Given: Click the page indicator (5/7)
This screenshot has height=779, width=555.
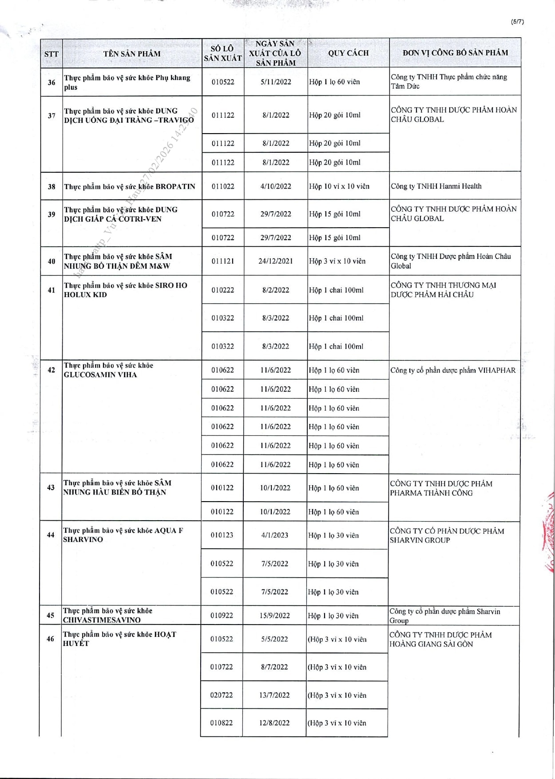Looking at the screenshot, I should pyautogui.click(x=517, y=22).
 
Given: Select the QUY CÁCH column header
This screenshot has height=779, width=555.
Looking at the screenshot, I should pyautogui.click(x=349, y=53).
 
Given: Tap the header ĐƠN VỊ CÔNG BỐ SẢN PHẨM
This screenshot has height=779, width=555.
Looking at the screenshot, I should pyautogui.click(x=455, y=53).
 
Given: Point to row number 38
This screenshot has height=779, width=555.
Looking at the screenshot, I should pyautogui.click(x=52, y=186).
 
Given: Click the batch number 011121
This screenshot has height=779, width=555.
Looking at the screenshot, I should pyautogui.click(x=222, y=261).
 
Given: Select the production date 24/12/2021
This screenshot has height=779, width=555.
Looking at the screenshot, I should pyautogui.click(x=276, y=261).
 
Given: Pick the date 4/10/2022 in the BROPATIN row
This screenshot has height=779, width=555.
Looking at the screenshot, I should pyautogui.click(x=276, y=186).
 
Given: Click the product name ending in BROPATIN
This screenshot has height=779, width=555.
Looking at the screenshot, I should pyautogui.click(x=130, y=186).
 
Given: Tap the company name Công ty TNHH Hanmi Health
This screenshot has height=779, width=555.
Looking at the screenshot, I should pyautogui.click(x=436, y=186).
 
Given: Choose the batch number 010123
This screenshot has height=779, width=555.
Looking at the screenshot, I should pyautogui.click(x=222, y=535).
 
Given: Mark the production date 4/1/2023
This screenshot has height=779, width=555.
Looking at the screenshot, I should pyautogui.click(x=275, y=535).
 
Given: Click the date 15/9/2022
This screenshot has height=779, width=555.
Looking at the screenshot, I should pyautogui.click(x=275, y=616).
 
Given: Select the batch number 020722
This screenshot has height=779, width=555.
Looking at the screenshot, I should pyautogui.click(x=221, y=695).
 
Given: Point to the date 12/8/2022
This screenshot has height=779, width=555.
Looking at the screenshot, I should pyautogui.click(x=274, y=723).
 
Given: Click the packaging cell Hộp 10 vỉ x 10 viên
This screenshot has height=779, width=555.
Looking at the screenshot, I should pyautogui.click(x=339, y=186).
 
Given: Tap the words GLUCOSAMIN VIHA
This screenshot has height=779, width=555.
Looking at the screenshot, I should pyautogui.click(x=100, y=375).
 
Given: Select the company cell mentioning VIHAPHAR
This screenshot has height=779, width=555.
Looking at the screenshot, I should pyautogui.click(x=453, y=370).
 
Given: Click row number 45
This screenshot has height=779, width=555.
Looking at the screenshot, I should pyautogui.click(x=51, y=616).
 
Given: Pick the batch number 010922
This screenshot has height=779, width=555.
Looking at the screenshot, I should pyautogui.click(x=222, y=616).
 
